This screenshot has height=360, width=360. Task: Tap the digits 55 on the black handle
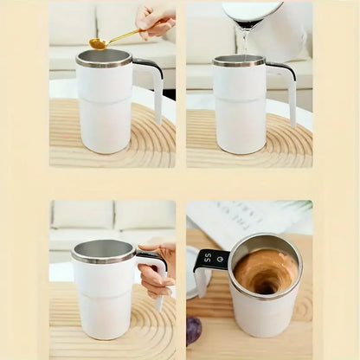(x=208, y=258)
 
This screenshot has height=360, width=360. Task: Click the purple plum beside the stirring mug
(x=194, y=330)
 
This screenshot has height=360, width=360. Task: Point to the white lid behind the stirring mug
(x=193, y=286)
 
